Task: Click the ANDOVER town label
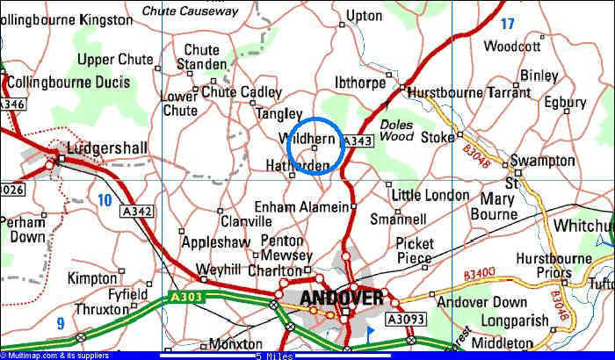click(x=341, y=297)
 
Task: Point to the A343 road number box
click(x=358, y=141)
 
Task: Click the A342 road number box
click(x=139, y=211)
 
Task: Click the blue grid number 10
click(x=105, y=200)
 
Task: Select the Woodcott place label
click(x=512, y=47)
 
